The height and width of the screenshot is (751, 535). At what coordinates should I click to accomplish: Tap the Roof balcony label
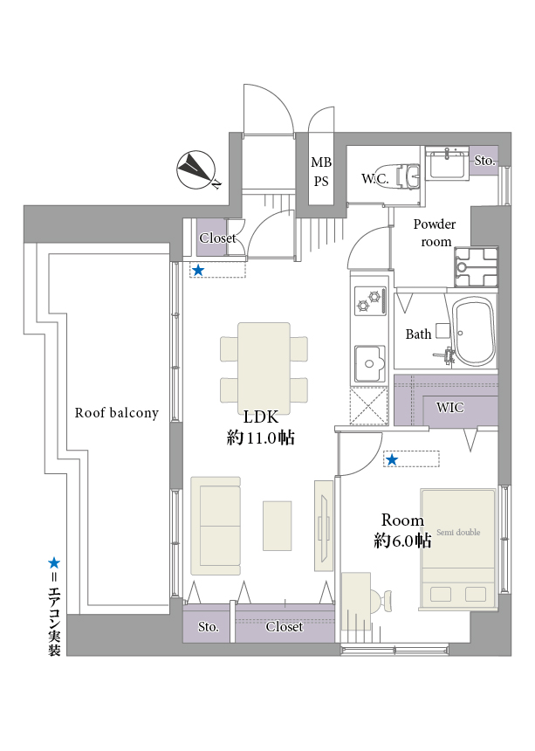[117, 413]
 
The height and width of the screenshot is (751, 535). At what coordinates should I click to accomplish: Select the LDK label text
[260, 417]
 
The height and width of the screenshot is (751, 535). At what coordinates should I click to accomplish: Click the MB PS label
[321, 171]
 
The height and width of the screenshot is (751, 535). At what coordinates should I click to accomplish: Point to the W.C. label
[374, 178]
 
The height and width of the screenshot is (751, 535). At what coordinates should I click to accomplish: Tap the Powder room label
[434, 233]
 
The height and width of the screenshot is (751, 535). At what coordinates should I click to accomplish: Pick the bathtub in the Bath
[473, 333]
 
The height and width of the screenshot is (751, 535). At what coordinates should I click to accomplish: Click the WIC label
[450, 407]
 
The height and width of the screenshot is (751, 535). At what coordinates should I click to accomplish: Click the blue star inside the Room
[392, 459]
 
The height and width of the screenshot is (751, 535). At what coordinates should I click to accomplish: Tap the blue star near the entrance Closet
[198, 271]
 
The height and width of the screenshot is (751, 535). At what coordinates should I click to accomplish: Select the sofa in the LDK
[216, 525]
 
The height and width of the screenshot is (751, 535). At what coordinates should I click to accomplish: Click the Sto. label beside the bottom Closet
[208, 627]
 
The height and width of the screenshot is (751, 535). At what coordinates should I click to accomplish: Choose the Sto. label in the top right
[484, 161]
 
